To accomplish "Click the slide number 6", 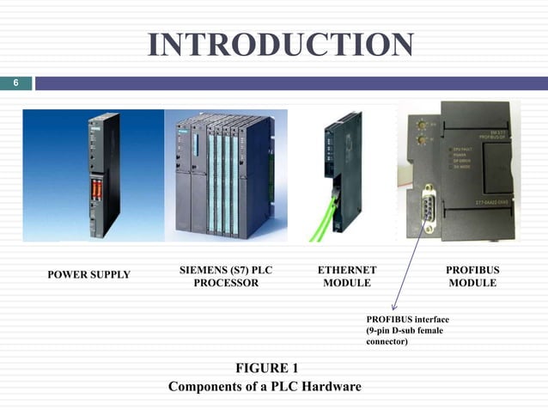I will coord(15,83).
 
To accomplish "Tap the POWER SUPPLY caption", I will coord(88,274).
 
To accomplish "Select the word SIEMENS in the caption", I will coord(204,269).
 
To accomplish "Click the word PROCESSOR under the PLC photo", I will coord(226,283).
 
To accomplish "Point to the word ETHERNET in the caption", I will coord(346,269).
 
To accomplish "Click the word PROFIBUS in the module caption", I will coord(472,269).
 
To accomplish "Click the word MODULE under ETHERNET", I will coord(346,283).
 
